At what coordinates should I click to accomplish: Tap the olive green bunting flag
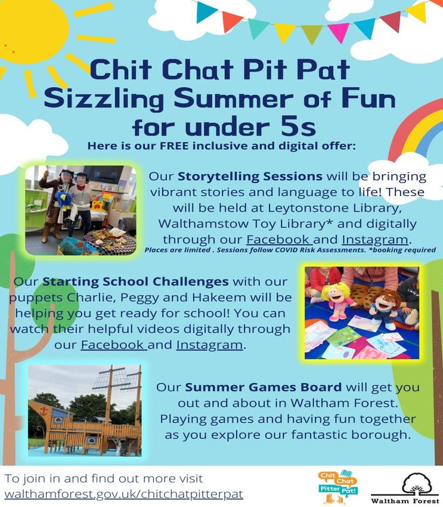(x=311, y=33)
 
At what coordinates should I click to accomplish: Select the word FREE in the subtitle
(x=174, y=146)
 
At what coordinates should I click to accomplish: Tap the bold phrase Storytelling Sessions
(x=250, y=176)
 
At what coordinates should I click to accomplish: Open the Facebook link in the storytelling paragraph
(x=278, y=239)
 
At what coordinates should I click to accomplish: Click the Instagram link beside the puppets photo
(x=209, y=345)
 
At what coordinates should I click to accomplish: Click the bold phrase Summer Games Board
(x=264, y=387)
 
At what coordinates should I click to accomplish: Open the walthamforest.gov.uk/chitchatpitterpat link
(x=123, y=494)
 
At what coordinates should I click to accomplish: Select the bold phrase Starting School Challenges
(x=135, y=282)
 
